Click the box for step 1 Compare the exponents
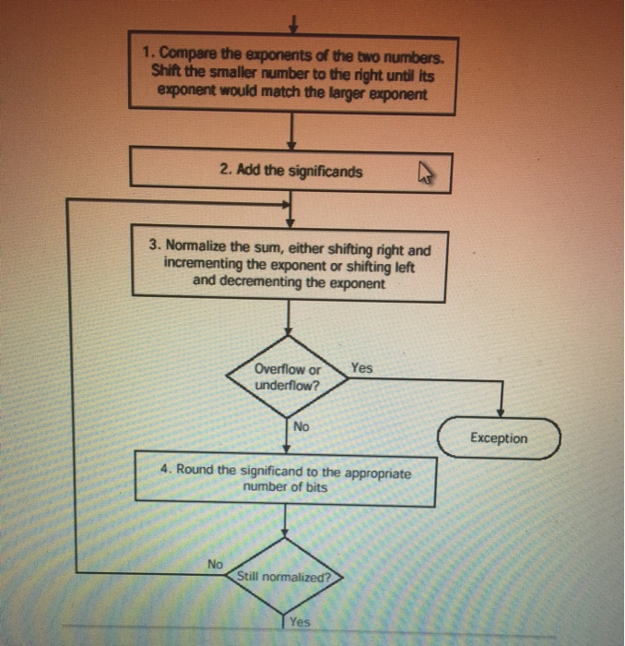(292, 74)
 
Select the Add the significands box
(290, 171)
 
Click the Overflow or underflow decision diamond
(289, 377)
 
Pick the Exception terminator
(499, 437)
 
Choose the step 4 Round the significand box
(285, 478)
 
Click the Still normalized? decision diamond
(283, 577)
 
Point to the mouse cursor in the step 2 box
(425, 171)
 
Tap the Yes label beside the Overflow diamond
(362, 367)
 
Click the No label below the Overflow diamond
(301, 426)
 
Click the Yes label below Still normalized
(300, 622)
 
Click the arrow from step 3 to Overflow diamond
(289, 323)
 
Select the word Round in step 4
(195, 470)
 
